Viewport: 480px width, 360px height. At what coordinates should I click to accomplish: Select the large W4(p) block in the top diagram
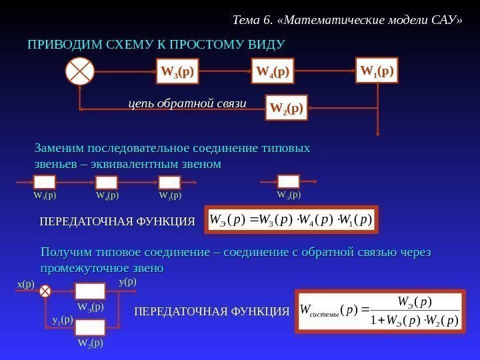(x=273, y=71)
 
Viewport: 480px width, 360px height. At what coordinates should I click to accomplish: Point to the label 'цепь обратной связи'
(x=187, y=104)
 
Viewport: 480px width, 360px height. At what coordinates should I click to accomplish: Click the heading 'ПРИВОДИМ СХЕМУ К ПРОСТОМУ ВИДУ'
(x=155, y=45)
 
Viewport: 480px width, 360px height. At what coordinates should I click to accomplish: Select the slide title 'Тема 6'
(x=347, y=19)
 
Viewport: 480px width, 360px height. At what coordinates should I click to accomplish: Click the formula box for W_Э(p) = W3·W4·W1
(x=290, y=219)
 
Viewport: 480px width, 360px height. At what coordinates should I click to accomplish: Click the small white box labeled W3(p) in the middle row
(x=45, y=183)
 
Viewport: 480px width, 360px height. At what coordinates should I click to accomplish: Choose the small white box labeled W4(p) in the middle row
(x=107, y=183)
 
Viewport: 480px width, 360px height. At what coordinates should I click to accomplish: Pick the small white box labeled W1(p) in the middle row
(x=169, y=183)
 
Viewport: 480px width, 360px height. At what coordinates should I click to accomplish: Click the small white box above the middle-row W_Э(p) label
(x=289, y=181)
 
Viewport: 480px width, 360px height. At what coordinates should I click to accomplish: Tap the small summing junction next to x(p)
(x=45, y=291)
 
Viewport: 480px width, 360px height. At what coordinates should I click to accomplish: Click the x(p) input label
(x=25, y=284)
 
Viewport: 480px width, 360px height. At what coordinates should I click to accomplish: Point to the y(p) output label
(x=127, y=281)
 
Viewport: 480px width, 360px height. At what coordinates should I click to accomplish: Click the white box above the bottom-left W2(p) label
(x=90, y=327)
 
